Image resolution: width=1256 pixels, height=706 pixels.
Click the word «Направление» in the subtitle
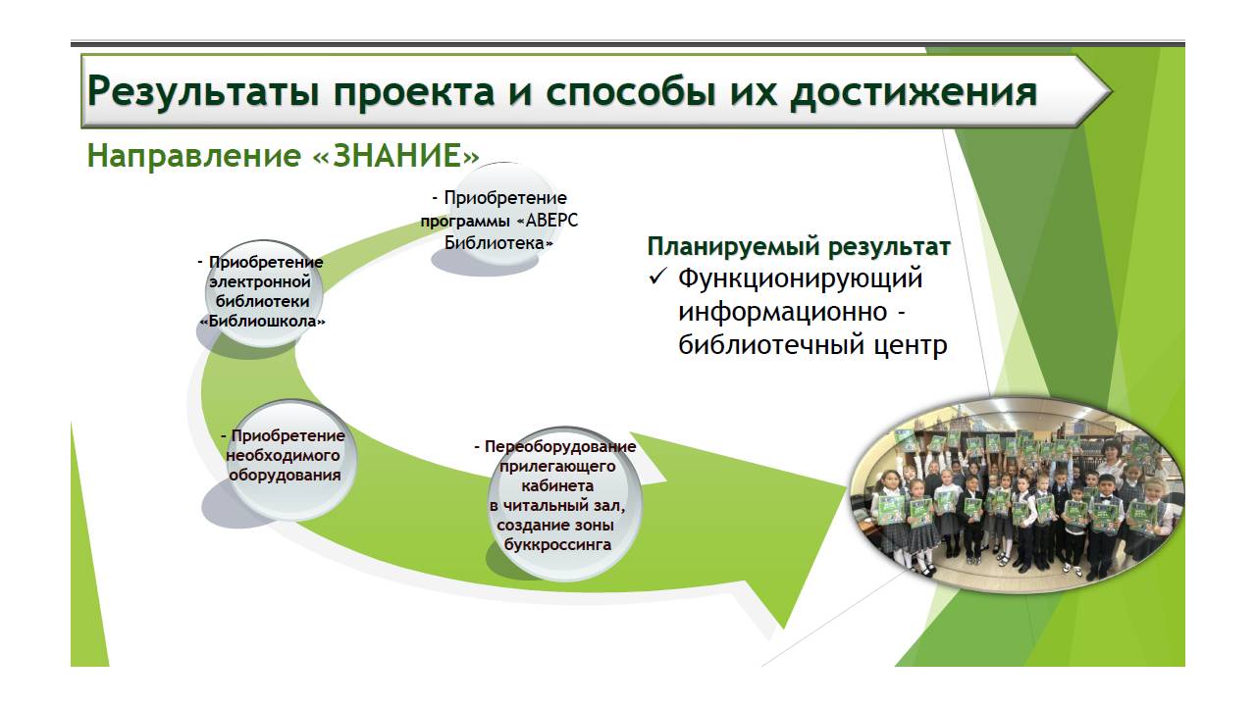point(194,156)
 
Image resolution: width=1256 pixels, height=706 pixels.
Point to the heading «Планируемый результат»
point(799,247)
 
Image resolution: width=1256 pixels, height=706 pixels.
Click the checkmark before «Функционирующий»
point(657,277)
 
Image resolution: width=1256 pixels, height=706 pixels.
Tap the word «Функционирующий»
point(800,279)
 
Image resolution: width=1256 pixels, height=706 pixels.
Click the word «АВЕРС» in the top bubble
point(551,221)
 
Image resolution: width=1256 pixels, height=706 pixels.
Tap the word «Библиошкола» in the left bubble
point(263,322)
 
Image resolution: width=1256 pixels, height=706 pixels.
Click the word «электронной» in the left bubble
point(260,281)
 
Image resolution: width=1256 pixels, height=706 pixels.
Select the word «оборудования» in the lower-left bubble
point(285,476)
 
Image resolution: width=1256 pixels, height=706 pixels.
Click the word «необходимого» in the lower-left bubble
point(283,456)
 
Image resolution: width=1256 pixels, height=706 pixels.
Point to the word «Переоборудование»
point(560,447)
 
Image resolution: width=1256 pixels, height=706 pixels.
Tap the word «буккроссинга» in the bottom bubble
point(557,544)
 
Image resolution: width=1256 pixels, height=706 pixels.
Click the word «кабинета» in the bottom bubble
point(557,485)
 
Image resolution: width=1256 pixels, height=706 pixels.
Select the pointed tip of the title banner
point(1111,91)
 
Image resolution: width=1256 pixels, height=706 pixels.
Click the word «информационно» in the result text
point(783,312)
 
